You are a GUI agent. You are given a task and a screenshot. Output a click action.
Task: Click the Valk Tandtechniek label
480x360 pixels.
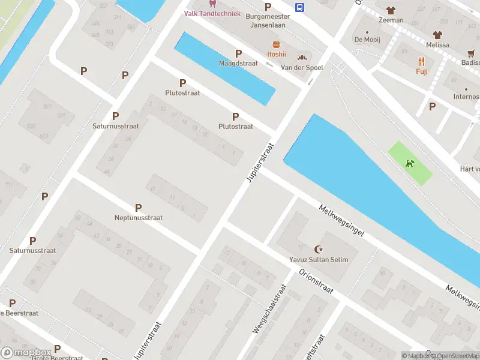point(212,13)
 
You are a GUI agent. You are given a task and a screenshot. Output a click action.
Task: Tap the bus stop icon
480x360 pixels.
point(299,7)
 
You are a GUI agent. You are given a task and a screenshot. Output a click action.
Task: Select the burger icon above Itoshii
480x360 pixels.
point(276,44)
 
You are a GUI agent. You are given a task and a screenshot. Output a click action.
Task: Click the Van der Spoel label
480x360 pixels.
point(302,68)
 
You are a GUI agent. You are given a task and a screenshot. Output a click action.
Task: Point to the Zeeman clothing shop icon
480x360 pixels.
point(391,10)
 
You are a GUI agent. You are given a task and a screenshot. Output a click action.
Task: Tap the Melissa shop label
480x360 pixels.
point(437,45)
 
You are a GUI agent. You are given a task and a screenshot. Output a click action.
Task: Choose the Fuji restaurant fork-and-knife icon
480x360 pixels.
point(422,61)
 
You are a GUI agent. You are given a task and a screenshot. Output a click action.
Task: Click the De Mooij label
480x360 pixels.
point(367,40)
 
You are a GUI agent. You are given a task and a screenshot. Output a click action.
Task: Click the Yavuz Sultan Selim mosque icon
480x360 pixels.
point(319,248)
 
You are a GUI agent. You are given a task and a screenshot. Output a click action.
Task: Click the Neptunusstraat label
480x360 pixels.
point(139,218)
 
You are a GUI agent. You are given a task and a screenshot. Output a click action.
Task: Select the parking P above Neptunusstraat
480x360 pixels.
point(139,208)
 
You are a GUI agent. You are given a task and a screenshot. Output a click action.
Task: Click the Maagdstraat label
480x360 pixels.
point(238,63)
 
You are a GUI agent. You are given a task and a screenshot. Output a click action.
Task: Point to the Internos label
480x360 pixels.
point(466,97)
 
